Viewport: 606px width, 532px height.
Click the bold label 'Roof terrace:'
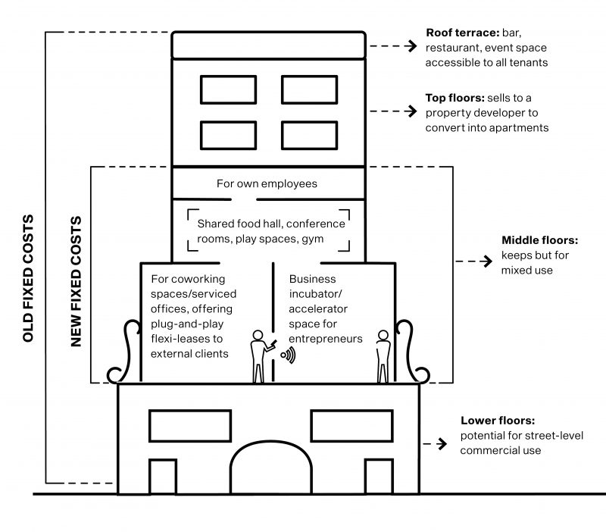click(x=463, y=33)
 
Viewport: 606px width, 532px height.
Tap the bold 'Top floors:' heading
click(x=455, y=98)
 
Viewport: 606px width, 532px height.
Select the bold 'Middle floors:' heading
click(x=539, y=240)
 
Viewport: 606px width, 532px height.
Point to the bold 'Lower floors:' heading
click(x=498, y=421)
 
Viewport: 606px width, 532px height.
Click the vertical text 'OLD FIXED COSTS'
click(x=28, y=278)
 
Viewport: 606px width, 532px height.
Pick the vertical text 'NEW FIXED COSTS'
click(x=77, y=281)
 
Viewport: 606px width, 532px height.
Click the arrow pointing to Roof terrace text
click(x=393, y=46)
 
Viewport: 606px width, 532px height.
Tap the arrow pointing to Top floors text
click(x=393, y=111)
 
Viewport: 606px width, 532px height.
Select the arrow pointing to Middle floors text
click(x=474, y=261)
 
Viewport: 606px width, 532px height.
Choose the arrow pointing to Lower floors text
click(x=435, y=444)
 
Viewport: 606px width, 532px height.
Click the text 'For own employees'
click(x=267, y=183)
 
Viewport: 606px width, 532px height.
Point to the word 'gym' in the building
click(x=313, y=239)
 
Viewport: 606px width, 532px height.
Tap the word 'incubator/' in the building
click(x=315, y=294)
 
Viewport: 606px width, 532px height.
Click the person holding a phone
click(x=261, y=356)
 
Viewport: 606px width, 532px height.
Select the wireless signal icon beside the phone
click(x=289, y=355)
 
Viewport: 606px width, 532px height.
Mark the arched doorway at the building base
click(x=271, y=442)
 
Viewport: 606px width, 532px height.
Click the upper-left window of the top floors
click(x=229, y=90)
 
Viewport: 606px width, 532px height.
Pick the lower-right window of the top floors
click(x=310, y=136)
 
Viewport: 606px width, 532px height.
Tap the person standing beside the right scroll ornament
click(x=383, y=356)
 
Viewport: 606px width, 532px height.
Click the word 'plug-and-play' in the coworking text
click(x=187, y=324)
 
